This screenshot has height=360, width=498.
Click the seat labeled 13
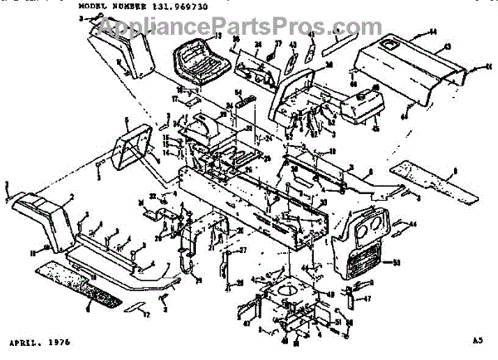tap(197, 61)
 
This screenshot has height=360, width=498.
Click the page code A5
tap(476, 342)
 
